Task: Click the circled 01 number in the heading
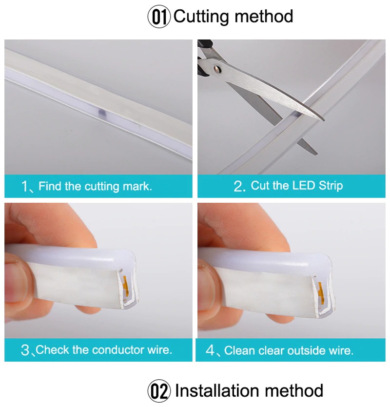tap(159, 17)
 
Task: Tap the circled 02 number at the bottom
tap(159, 391)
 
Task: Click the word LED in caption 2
tap(304, 186)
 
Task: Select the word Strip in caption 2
tap(331, 186)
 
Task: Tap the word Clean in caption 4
tap(239, 350)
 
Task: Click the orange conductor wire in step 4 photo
tap(319, 288)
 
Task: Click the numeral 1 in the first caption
tap(25, 186)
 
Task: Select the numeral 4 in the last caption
tap(211, 350)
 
